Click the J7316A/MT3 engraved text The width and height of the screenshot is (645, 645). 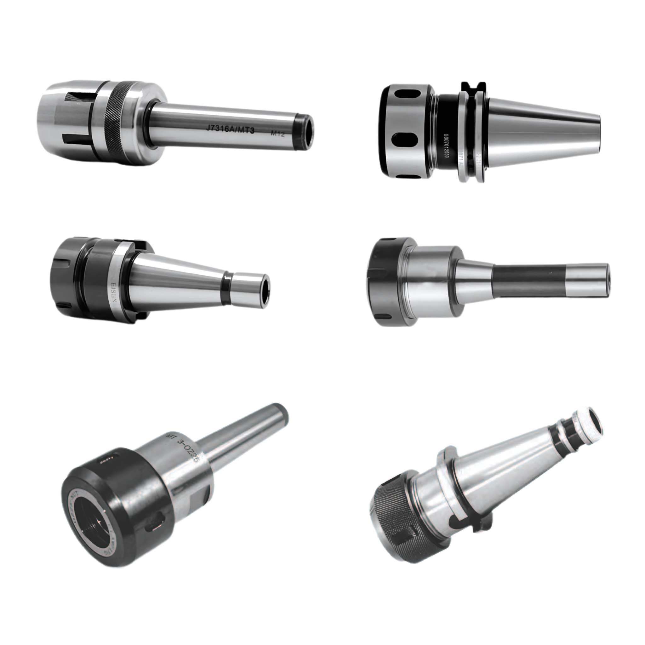pyautogui.click(x=230, y=129)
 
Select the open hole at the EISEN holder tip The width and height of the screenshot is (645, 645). pyautogui.click(x=267, y=288)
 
